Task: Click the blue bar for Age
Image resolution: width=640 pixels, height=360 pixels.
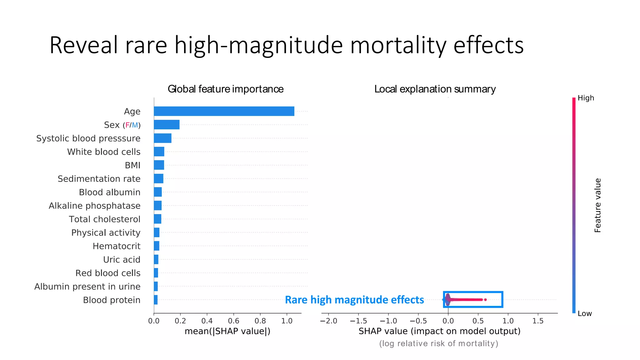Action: (x=224, y=111)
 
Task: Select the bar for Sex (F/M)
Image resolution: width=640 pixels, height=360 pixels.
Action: (x=167, y=125)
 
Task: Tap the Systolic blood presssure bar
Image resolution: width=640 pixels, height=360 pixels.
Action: (x=162, y=138)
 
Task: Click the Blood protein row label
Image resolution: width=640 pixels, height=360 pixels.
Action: (x=112, y=300)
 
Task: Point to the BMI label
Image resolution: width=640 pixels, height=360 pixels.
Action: (x=132, y=165)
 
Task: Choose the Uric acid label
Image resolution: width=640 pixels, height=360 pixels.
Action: (x=122, y=260)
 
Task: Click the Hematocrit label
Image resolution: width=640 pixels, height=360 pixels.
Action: (x=116, y=246)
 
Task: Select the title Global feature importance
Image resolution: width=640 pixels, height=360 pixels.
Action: (x=225, y=89)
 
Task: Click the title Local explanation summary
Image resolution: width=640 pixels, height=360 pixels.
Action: (x=435, y=89)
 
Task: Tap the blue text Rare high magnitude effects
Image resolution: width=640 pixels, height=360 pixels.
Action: (x=354, y=300)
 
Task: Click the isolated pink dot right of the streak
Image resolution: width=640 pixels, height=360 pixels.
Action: (x=485, y=300)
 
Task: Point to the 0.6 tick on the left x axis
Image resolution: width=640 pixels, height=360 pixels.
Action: (x=233, y=321)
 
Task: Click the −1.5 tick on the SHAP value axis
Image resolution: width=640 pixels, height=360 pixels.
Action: (x=358, y=321)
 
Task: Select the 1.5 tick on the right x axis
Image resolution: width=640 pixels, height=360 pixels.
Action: (x=538, y=321)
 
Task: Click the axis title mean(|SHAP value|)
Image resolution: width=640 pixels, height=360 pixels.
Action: (x=227, y=331)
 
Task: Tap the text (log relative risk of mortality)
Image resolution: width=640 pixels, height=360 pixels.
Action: (x=438, y=343)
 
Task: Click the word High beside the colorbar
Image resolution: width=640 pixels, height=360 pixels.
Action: (x=586, y=98)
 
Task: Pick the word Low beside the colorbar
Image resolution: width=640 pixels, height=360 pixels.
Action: (x=584, y=313)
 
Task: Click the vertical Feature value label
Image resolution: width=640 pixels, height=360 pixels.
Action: (x=597, y=205)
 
